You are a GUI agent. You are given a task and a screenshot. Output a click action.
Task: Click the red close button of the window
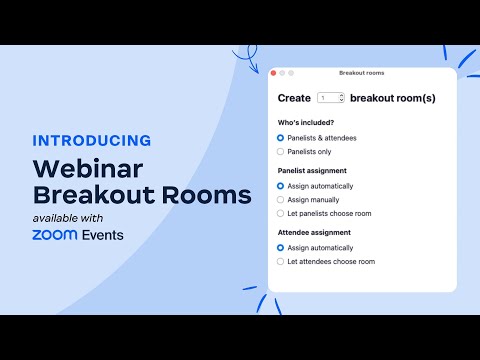click(x=273, y=73)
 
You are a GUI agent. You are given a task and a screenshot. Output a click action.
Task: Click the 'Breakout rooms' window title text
click(x=362, y=73)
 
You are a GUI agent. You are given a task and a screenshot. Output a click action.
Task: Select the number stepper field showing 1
click(x=330, y=98)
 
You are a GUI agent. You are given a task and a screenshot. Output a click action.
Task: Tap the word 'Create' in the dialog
click(x=294, y=98)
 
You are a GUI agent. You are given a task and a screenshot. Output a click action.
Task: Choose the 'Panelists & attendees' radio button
click(x=280, y=137)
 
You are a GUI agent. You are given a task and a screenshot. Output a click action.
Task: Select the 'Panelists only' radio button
click(x=280, y=151)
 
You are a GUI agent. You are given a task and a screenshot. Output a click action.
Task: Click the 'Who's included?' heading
click(x=306, y=122)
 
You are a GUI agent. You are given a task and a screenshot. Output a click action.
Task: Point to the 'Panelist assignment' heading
click(x=311, y=170)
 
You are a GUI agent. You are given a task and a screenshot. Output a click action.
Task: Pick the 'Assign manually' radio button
click(x=280, y=199)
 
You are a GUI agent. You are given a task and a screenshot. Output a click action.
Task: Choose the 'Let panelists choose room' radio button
click(x=280, y=213)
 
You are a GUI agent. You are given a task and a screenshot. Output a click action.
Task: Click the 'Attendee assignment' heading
click(x=314, y=232)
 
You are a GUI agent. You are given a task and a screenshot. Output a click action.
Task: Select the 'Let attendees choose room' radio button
click(x=280, y=261)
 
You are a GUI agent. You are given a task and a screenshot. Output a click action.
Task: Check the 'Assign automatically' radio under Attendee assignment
click(x=280, y=247)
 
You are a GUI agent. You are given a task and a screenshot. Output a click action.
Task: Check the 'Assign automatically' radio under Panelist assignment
click(x=280, y=185)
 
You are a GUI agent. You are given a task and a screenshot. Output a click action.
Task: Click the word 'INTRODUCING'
click(x=92, y=140)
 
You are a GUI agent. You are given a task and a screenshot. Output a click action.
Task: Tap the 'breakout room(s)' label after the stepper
click(x=393, y=98)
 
